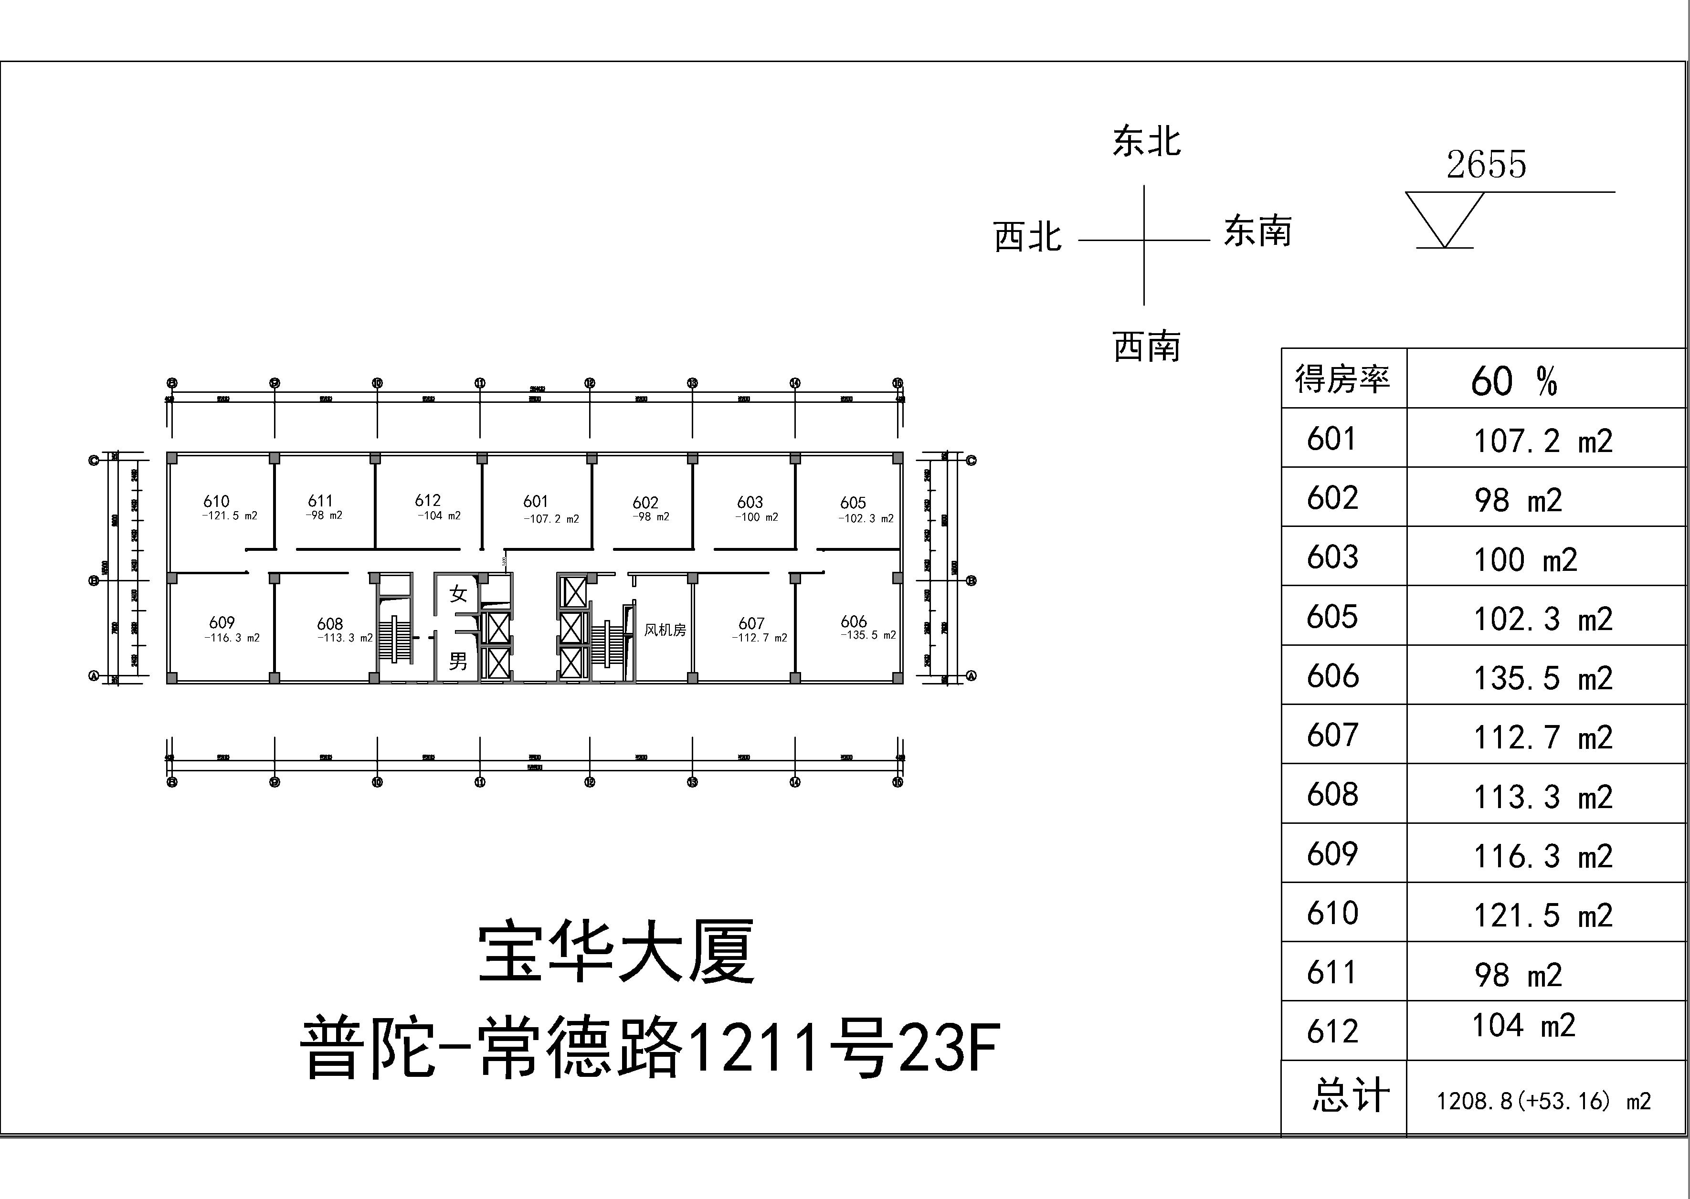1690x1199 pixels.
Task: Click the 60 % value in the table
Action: pos(1513,382)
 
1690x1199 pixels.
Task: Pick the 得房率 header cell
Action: pos(1342,379)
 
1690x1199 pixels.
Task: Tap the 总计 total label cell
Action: pos(1350,1095)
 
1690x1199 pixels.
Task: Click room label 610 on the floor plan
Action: pos(216,501)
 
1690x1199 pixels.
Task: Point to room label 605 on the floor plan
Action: pos(853,503)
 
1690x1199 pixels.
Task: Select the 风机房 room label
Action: pos(665,630)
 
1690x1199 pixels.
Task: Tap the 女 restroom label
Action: pos(458,594)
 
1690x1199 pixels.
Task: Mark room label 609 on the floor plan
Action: pos(222,622)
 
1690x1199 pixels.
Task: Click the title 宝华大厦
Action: pos(616,952)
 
